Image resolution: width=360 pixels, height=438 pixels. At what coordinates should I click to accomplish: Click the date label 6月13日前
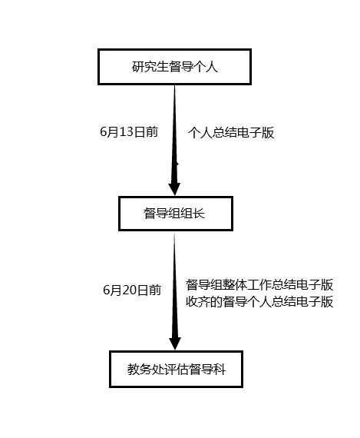pyautogui.click(x=129, y=132)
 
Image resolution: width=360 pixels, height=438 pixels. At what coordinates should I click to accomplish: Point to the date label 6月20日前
pyautogui.click(x=132, y=290)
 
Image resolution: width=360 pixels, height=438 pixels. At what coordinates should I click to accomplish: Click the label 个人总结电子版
pyautogui.click(x=231, y=132)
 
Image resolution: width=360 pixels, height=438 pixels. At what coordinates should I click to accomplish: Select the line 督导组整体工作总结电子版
pyautogui.click(x=259, y=285)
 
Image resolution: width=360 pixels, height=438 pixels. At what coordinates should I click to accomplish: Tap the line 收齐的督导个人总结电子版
pyautogui.click(x=259, y=302)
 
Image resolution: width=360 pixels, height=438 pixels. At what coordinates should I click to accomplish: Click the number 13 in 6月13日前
pyautogui.click(x=127, y=132)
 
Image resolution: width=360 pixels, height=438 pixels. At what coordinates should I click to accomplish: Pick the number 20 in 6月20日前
pyautogui.click(x=129, y=290)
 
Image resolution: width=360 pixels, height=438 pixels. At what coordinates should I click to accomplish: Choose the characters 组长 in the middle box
pyautogui.click(x=193, y=214)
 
